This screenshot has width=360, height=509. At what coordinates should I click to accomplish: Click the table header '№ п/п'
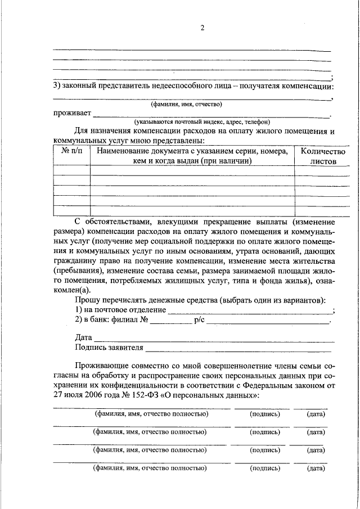(71, 151)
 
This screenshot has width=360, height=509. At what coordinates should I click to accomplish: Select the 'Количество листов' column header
(323, 156)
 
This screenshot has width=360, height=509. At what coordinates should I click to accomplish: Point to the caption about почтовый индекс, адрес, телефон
(201, 121)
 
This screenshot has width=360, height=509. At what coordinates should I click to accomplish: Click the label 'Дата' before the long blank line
(83, 338)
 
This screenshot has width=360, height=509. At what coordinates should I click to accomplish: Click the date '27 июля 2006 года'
(83, 395)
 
